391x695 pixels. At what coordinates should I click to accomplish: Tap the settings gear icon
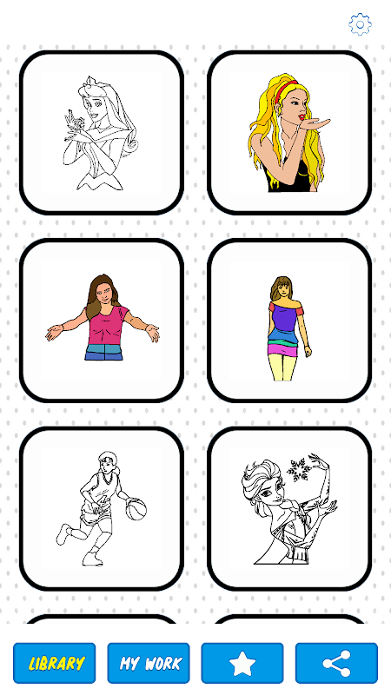tap(360, 24)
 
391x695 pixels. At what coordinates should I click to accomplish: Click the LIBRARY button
tap(55, 663)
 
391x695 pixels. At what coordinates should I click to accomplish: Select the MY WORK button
tap(149, 663)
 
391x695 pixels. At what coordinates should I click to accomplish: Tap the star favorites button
tap(242, 663)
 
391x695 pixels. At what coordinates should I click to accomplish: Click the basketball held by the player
tap(136, 508)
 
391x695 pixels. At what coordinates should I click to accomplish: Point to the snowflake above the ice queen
tap(298, 469)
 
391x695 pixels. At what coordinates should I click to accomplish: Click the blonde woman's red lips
tap(302, 117)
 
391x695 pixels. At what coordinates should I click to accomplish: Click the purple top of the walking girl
tap(286, 318)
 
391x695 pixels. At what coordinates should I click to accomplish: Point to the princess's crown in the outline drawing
tap(92, 81)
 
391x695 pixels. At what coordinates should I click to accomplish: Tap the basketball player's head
tap(108, 462)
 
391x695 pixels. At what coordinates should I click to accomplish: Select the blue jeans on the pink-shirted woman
tap(103, 352)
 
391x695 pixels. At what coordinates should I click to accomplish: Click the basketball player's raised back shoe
tap(63, 534)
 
